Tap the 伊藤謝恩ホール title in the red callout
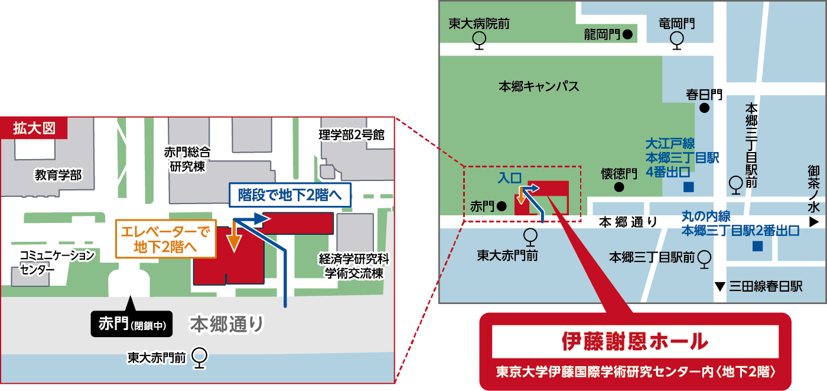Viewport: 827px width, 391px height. point(634,341)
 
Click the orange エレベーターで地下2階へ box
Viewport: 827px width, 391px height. point(166,240)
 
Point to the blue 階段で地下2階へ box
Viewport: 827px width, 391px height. point(290,194)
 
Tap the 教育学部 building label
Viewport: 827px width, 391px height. point(58,175)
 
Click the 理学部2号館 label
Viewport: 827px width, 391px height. point(351,135)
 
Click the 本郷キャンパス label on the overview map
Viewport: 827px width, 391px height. point(539,86)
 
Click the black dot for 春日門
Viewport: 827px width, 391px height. point(704,108)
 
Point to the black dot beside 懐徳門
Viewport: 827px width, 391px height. point(619,188)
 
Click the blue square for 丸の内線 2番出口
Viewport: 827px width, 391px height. point(757,245)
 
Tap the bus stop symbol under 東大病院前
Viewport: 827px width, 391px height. point(479,39)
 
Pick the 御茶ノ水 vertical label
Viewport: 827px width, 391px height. point(814,189)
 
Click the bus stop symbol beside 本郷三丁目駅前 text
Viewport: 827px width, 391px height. point(704,258)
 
